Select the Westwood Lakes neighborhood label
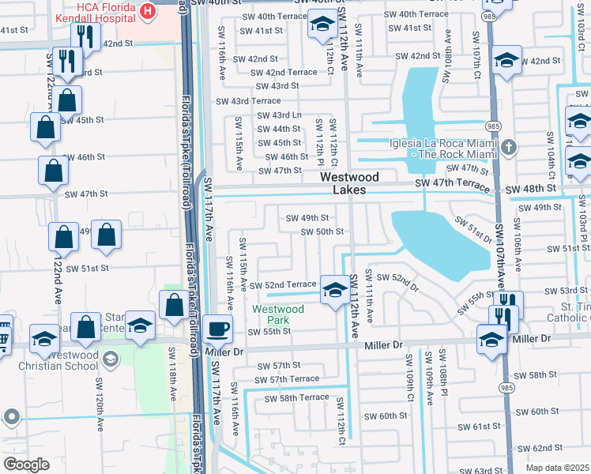(349, 183)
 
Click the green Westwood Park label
(277, 314)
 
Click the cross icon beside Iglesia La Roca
(510, 146)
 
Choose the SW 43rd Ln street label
(279, 115)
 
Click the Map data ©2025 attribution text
(557, 468)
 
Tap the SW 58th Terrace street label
(296, 397)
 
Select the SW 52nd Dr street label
(396, 278)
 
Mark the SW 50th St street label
(322, 231)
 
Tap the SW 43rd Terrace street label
(248, 101)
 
